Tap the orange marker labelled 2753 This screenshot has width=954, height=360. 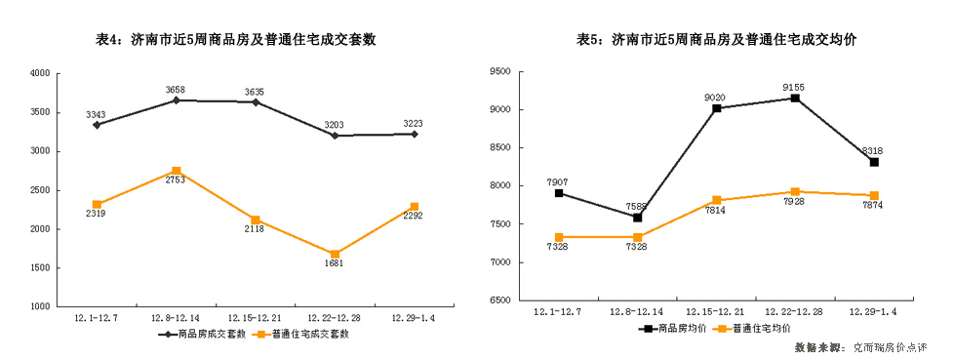click(x=177, y=171)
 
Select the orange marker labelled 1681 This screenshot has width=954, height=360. click(x=336, y=255)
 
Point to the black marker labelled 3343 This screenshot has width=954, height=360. click(x=97, y=125)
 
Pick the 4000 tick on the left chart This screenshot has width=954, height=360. click(x=40, y=73)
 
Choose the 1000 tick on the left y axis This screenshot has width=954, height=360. click(x=40, y=306)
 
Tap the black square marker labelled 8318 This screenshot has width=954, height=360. click(x=874, y=162)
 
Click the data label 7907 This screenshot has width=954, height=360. click(x=558, y=180)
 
